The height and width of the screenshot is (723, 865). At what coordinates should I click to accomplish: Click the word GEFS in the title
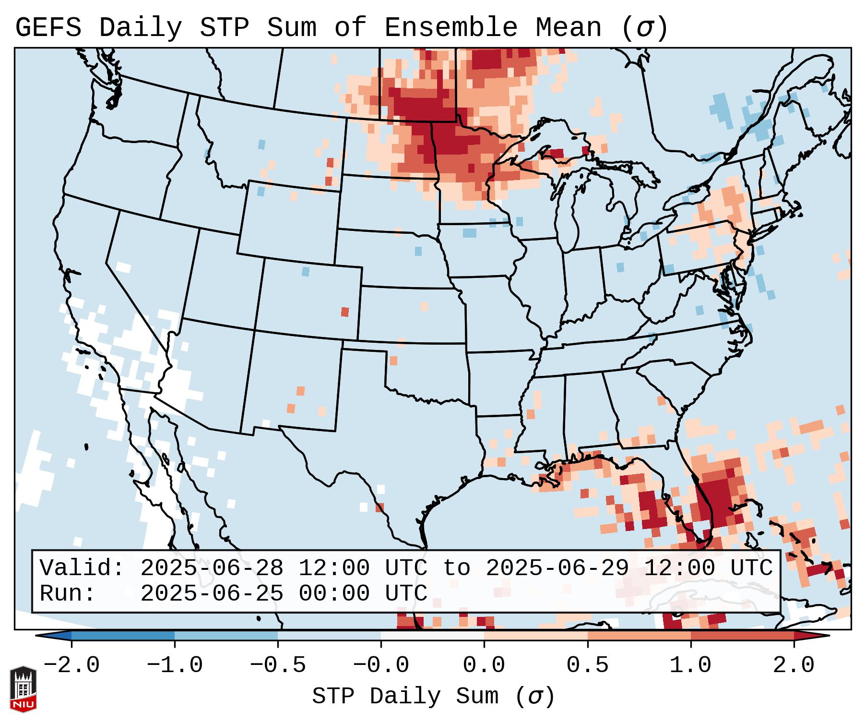(48, 28)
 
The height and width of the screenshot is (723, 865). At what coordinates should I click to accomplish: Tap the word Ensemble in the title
(451, 28)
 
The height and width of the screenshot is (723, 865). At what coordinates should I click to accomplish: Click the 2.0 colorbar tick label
(794, 665)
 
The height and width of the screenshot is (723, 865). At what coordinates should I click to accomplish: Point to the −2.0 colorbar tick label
(71, 665)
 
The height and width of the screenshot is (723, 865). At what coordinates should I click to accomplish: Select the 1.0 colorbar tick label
(690, 665)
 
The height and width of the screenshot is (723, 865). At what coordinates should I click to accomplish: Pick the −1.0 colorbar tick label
(175, 665)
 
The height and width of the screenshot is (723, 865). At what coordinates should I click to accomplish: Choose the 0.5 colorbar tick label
(587, 665)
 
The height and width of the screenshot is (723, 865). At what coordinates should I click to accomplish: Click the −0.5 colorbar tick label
(278, 665)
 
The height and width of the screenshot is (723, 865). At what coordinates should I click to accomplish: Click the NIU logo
(23, 689)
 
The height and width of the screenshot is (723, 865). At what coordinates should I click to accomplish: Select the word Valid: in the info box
(82, 568)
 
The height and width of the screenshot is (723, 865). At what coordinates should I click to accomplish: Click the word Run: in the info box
(68, 593)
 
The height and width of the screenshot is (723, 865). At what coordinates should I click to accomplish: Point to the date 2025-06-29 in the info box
(557, 568)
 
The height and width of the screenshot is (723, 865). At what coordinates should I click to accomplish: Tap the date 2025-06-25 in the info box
(212, 593)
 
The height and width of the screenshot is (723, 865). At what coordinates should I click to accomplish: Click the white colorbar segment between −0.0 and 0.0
(432, 636)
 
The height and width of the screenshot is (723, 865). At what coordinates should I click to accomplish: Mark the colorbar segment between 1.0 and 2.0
(742, 636)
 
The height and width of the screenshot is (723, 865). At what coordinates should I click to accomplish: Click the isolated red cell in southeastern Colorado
(345, 312)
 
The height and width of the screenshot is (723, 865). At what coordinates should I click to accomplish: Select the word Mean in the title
(569, 28)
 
